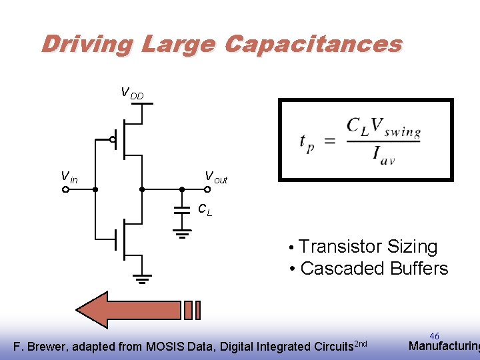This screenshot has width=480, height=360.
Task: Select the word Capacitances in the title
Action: [313, 44]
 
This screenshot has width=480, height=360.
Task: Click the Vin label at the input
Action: [69, 177]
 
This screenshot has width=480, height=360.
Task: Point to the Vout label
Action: [215, 177]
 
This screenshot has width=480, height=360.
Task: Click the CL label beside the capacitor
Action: [205, 209]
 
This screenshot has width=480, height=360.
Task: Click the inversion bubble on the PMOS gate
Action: [113, 140]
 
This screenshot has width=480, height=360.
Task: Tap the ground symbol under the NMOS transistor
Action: [141, 278]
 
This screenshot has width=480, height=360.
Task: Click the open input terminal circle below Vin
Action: [66, 190]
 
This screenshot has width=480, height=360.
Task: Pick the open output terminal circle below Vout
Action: [207, 190]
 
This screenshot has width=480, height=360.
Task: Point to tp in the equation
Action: [307, 142]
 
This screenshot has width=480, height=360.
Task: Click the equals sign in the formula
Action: [330, 141]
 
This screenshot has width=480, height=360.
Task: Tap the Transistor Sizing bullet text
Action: [368, 247]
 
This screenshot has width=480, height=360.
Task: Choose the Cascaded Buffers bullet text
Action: [374, 269]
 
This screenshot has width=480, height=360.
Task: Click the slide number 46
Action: [435, 336]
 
